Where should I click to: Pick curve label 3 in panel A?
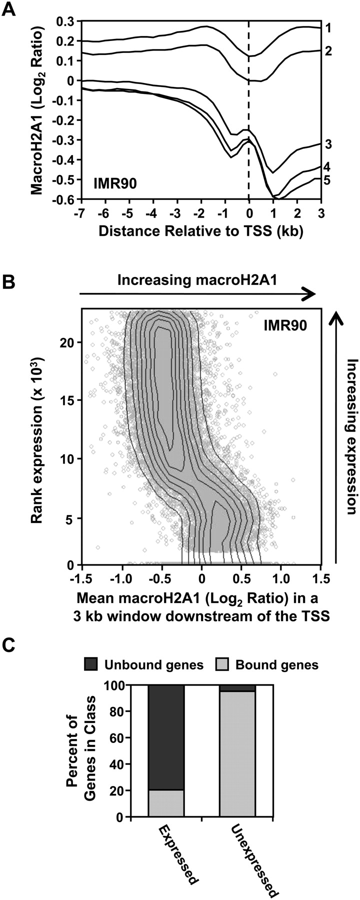pos(328,144)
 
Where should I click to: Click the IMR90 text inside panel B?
pos(286,326)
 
